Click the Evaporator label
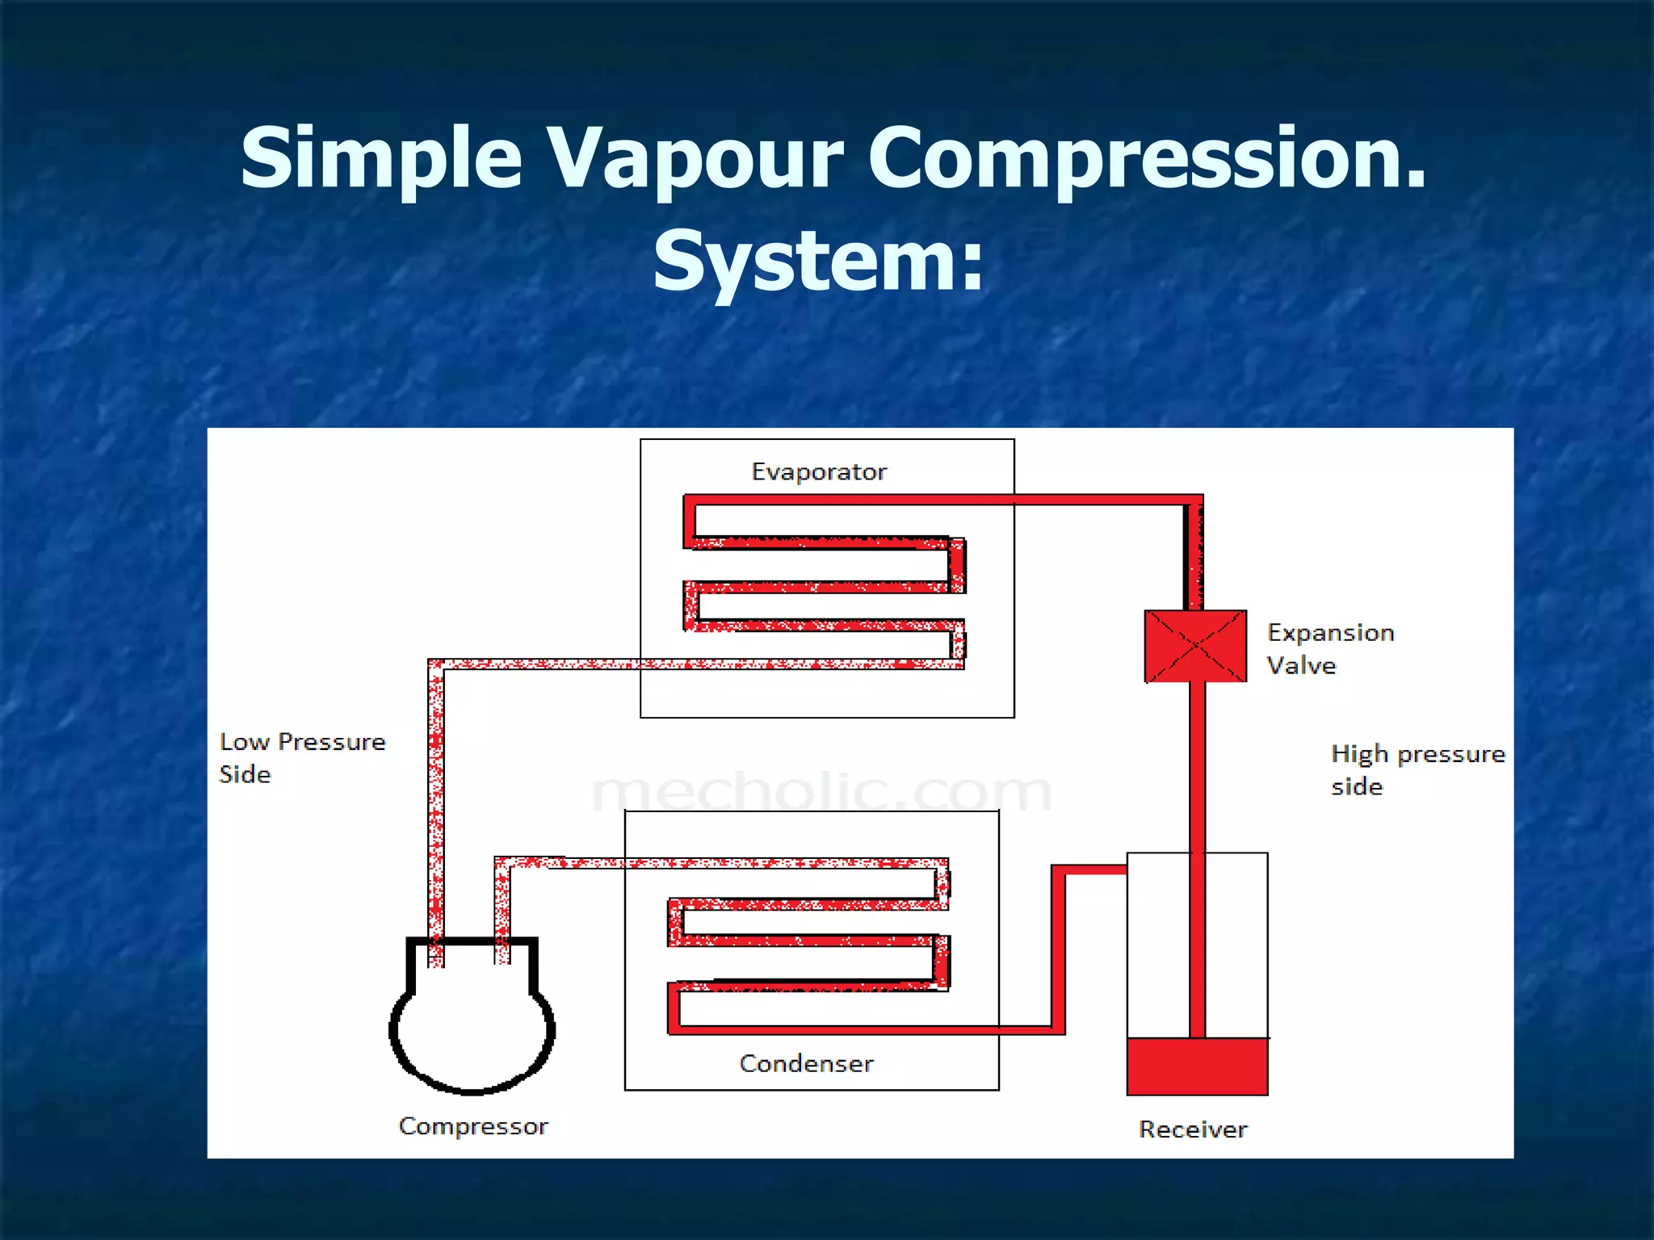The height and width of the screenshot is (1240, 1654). (818, 471)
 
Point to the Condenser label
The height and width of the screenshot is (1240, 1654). (806, 1063)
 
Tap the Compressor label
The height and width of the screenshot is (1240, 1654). (473, 1125)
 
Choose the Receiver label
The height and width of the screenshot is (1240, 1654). (1193, 1129)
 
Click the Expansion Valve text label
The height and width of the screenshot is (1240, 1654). (1329, 648)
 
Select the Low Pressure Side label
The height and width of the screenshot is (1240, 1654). (302, 757)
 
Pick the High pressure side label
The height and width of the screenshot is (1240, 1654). (1417, 769)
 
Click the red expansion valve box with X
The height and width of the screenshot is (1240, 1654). (1195, 646)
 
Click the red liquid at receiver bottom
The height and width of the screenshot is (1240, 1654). (1197, 1066)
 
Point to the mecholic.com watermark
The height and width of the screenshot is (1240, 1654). (821, 792)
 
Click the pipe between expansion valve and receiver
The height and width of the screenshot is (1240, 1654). (1197, 767)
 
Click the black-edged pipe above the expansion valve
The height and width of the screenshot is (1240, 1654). (1194, 557)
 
